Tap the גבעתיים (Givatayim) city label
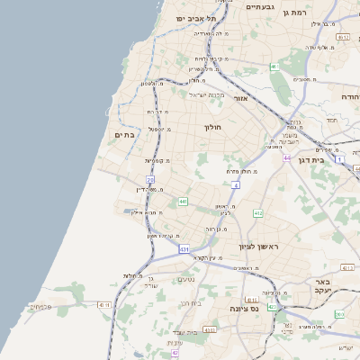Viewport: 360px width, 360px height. click(261, 6)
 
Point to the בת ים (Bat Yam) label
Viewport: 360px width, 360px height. click(123, 134)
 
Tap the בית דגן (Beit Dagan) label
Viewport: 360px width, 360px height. click(308, 160)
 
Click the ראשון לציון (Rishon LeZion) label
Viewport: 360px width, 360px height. click(259, 246)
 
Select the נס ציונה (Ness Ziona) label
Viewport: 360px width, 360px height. click(242, 309)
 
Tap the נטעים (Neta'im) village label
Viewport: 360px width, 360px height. click(185, 279)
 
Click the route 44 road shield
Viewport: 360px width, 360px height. click(286, 157)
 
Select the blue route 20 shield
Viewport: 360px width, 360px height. click(150, 179)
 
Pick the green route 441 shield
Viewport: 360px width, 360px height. click(183, 201)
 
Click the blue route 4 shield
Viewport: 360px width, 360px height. click(236, 184)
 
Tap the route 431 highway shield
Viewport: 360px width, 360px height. click(184, 248)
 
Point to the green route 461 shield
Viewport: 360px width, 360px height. click(274, 67)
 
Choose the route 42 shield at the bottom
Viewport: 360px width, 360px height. click(175, 354)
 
